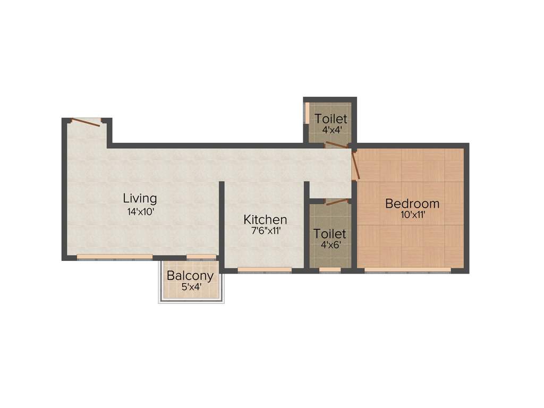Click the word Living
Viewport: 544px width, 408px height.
[140, 198]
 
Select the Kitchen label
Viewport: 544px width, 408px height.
[265, 219]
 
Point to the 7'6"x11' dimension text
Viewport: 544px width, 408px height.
[265, 231]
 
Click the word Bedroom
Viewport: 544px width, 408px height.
[412, 203]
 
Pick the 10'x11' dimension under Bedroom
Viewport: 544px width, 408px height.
[413, 215]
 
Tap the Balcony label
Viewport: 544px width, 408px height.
[190, 276]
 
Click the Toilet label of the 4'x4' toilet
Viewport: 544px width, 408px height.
[330, 118]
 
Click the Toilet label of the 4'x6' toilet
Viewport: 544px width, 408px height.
[329, 234]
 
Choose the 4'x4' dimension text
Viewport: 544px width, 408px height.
[330, 129]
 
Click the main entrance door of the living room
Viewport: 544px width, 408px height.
[85, 122]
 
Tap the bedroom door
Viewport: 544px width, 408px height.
[356, 165]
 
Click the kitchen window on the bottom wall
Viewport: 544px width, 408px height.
[264, 270]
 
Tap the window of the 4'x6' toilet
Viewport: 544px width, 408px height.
[330, 270]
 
